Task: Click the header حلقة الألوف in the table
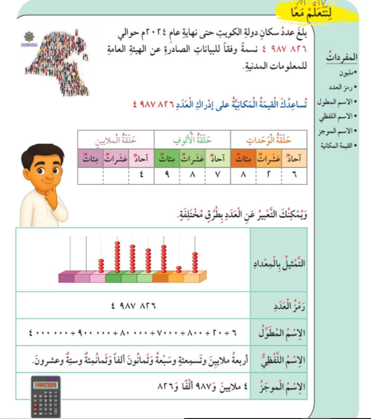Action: pyautogui.click(x=193, y=140)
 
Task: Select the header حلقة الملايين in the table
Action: pyautogui.click(x=117, y=140)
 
